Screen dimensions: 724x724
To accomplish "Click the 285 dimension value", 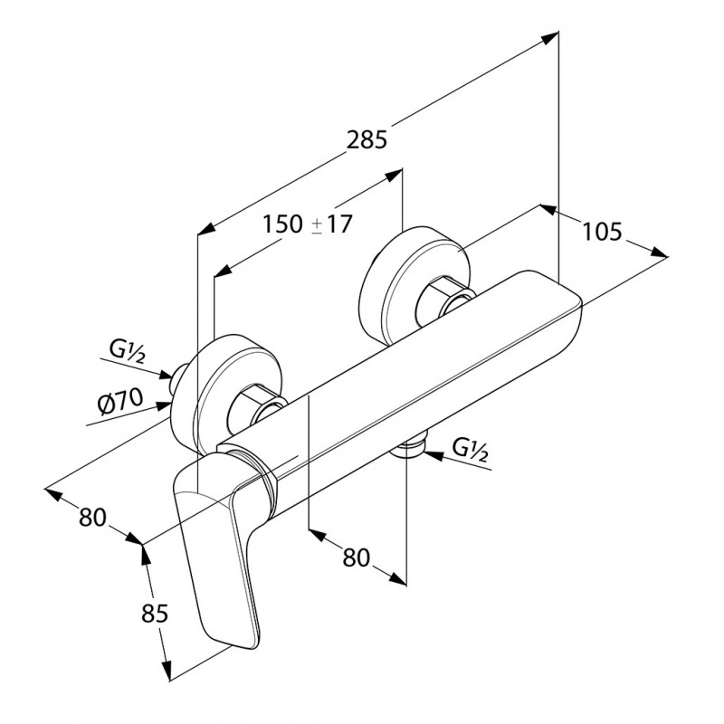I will pos(367,140).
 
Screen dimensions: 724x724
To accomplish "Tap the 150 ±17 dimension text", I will pos(308,224).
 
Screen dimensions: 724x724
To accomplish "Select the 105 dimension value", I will pos(602,232).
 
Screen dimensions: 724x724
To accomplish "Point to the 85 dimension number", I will pos(155,614).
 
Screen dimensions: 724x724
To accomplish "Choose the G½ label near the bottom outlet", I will pos(471,449).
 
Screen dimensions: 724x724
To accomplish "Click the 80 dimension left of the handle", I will pos(92,517).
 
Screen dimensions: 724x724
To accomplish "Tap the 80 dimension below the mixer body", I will pos(355,557).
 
